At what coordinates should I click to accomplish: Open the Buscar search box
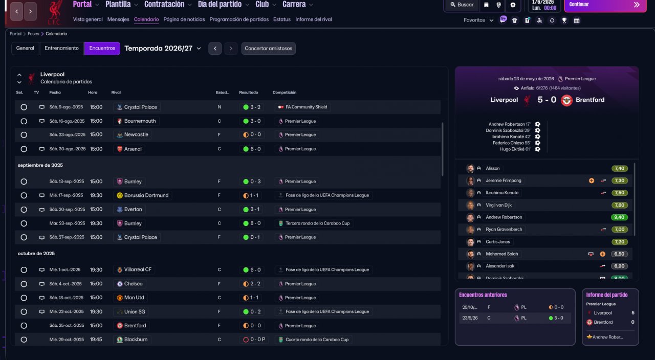[462, 5]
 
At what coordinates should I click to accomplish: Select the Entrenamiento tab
[61, 48]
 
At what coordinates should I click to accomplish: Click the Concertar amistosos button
[268, 49]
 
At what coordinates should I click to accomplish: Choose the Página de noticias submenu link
[184, 19]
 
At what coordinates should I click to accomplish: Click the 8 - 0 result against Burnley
[252, 223]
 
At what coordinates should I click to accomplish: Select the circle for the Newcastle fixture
[24, 135]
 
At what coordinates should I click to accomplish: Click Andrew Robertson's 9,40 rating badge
[620, 217]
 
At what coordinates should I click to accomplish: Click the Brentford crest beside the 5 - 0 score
[567, 100]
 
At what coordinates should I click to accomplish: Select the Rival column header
[116, 93]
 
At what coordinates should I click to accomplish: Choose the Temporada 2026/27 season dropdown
[163, 49]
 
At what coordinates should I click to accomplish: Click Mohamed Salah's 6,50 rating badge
[620, 254]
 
